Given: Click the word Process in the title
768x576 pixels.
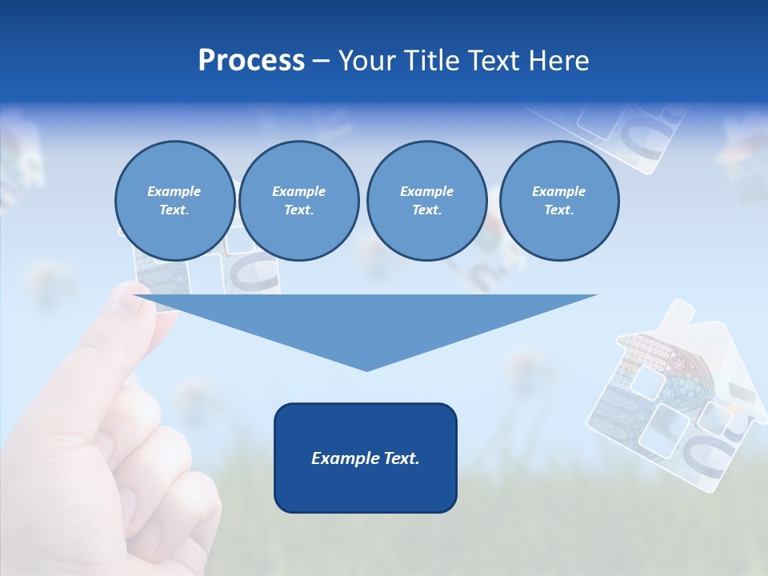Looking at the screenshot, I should (x=251, y=61).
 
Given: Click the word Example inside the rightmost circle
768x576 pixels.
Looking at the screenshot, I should (x=558, y=191).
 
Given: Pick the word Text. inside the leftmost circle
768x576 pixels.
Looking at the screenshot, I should (x=174, y=210).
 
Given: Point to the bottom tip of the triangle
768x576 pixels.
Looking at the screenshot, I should (x=366, y=370).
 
